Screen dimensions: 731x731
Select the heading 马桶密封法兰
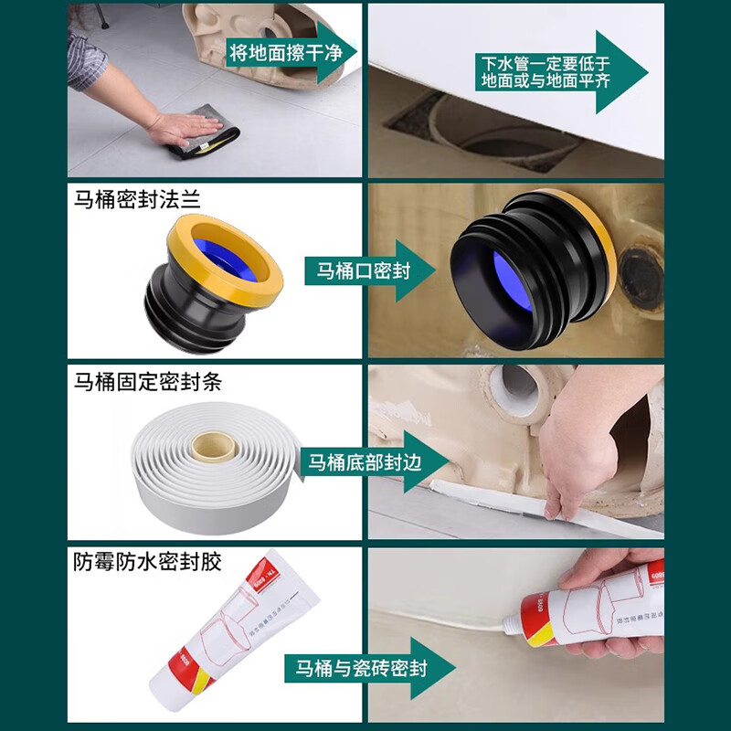point(137,199)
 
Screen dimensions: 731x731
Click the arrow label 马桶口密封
point(363,271)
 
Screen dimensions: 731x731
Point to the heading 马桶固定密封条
point(148,381)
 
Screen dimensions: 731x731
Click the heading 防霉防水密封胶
point(148,561)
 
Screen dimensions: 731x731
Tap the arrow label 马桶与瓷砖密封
point(355,669)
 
